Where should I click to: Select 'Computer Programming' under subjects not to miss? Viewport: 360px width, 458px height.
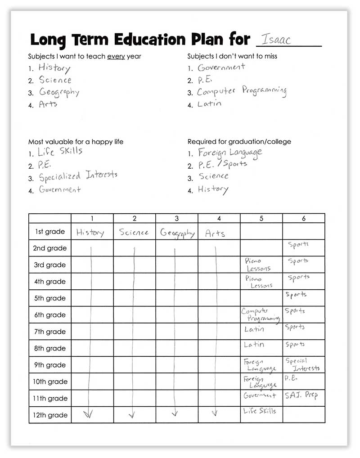coord(242,91)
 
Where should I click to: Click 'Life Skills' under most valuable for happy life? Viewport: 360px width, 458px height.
coord(60,152)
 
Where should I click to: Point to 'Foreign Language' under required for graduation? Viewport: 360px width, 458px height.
coord(229,153)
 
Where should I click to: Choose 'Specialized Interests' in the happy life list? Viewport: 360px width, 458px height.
coord(78,176)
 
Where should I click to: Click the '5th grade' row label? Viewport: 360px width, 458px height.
coord(50,298)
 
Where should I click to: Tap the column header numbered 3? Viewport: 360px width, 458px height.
coord(177,219)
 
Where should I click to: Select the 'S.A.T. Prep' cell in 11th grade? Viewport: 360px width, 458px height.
coord(301,396)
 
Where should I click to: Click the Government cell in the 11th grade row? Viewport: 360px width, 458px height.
coord(260,396)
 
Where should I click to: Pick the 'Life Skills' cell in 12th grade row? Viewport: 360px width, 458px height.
coord(260,412)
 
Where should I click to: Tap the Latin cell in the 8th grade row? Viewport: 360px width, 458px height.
coord(254,345)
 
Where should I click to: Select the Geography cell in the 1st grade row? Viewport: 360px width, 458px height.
coord(177,233)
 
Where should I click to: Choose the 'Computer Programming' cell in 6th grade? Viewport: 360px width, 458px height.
coord(260,315)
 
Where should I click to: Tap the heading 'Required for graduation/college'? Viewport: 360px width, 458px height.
coord(239,142)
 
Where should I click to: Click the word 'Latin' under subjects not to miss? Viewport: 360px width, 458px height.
coord(209,104)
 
